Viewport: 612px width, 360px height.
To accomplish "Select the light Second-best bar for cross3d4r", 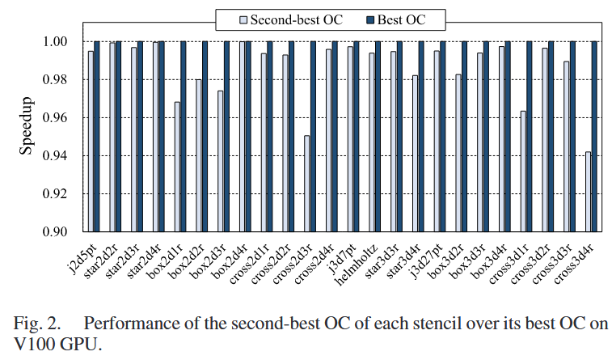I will [588, 192].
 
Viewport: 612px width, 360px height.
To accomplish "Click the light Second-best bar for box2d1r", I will [177, 167].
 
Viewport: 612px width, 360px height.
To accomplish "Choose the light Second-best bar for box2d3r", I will [220, 161].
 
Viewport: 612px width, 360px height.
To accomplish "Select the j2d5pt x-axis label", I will [82, 254].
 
